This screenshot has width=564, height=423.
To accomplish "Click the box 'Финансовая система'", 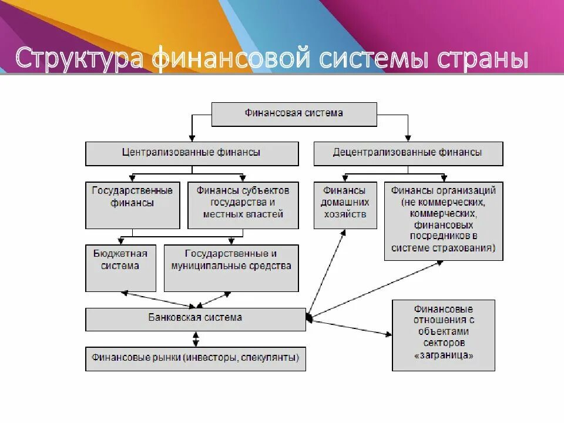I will point(294,114).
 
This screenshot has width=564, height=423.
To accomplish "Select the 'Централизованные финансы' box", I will point(192,153).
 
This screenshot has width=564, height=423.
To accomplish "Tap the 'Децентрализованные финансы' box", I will point(408,153).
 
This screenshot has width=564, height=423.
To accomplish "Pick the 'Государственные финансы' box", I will point(132,205).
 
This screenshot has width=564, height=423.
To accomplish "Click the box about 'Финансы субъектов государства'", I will point(243,205).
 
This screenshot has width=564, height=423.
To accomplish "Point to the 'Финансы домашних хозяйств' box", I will point(345,205).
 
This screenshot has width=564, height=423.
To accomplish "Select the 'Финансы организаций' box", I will point(444,221).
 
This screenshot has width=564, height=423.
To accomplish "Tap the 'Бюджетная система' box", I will point(120,268).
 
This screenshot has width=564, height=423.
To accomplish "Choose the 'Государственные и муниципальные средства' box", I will point(231,268).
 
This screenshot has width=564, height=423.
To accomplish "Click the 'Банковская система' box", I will point(195,319).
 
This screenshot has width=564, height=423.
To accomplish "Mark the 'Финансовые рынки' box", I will point(195,358).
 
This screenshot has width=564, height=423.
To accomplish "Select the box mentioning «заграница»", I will point(443,335).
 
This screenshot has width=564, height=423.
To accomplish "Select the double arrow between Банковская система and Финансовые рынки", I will point(196,339).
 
